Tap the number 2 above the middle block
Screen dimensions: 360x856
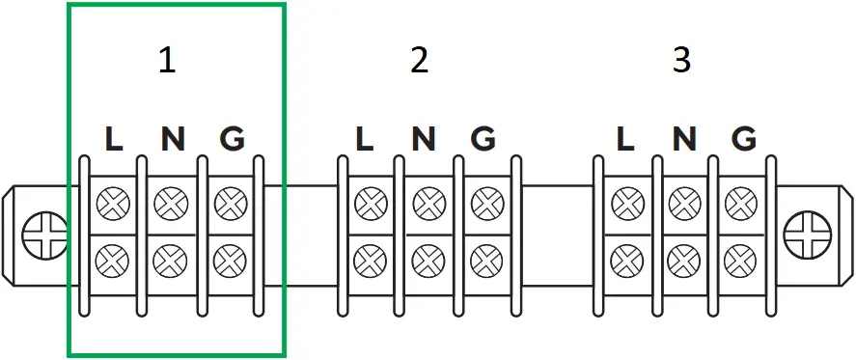(419, 61)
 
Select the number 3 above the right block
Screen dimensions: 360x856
(681, 61)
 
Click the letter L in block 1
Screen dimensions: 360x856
(114, 140)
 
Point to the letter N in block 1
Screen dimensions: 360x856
(173, 140)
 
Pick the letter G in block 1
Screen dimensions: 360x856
(232, 140)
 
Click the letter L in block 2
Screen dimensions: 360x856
(364, 140)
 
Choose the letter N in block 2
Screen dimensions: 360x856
(424, 140)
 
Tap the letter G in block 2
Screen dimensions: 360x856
(483, 140)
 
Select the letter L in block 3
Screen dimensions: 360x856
(625, 140)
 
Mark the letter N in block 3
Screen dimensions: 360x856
(684, 140)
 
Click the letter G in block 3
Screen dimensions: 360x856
(743, 140)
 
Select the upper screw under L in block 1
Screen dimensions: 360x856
(114, 204)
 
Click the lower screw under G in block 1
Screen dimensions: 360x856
(230, 259)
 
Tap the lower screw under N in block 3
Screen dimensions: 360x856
(683, 259)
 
